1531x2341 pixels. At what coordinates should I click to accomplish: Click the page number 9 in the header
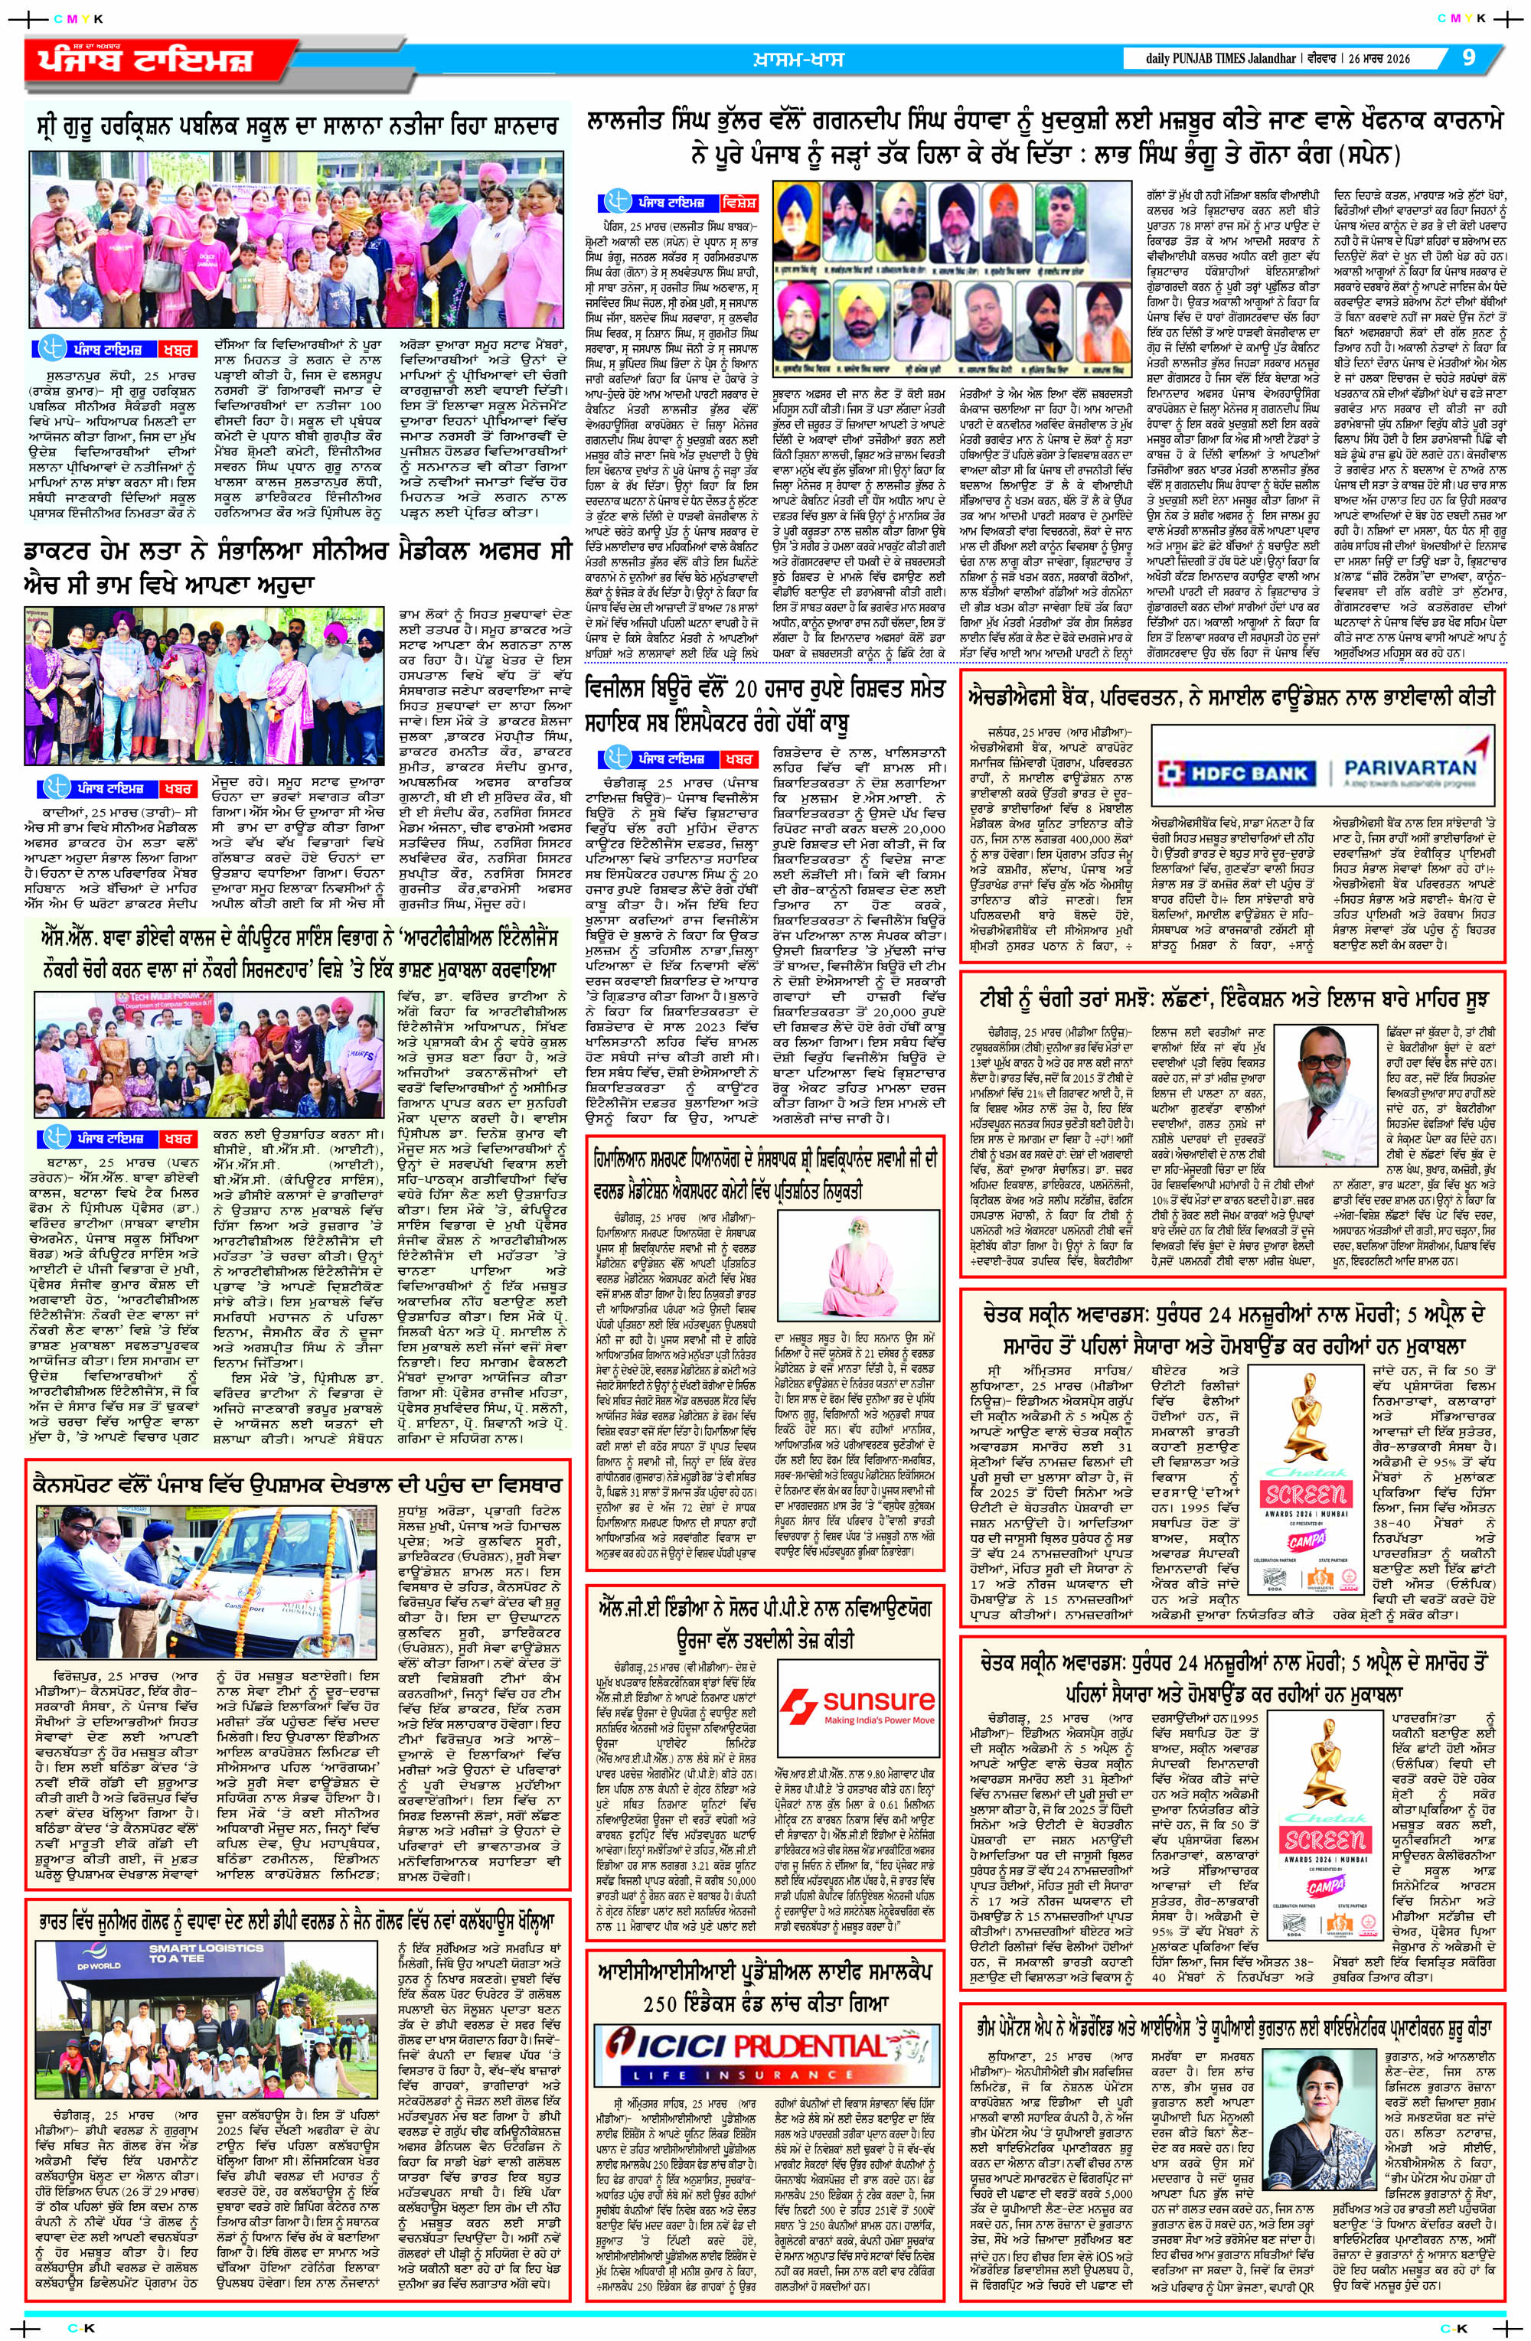coord(1469,57)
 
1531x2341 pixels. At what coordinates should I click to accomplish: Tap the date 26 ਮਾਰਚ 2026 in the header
coord(1384,58)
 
